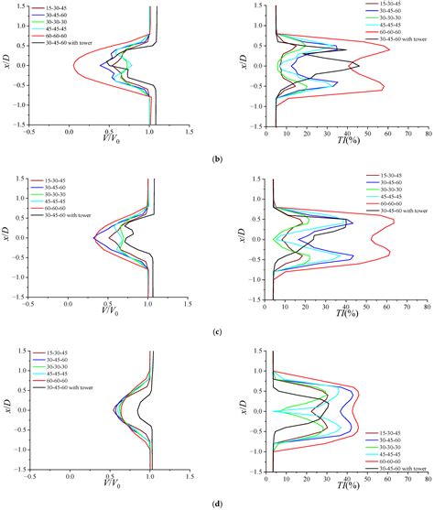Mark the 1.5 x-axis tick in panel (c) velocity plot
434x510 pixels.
[190, 304]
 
